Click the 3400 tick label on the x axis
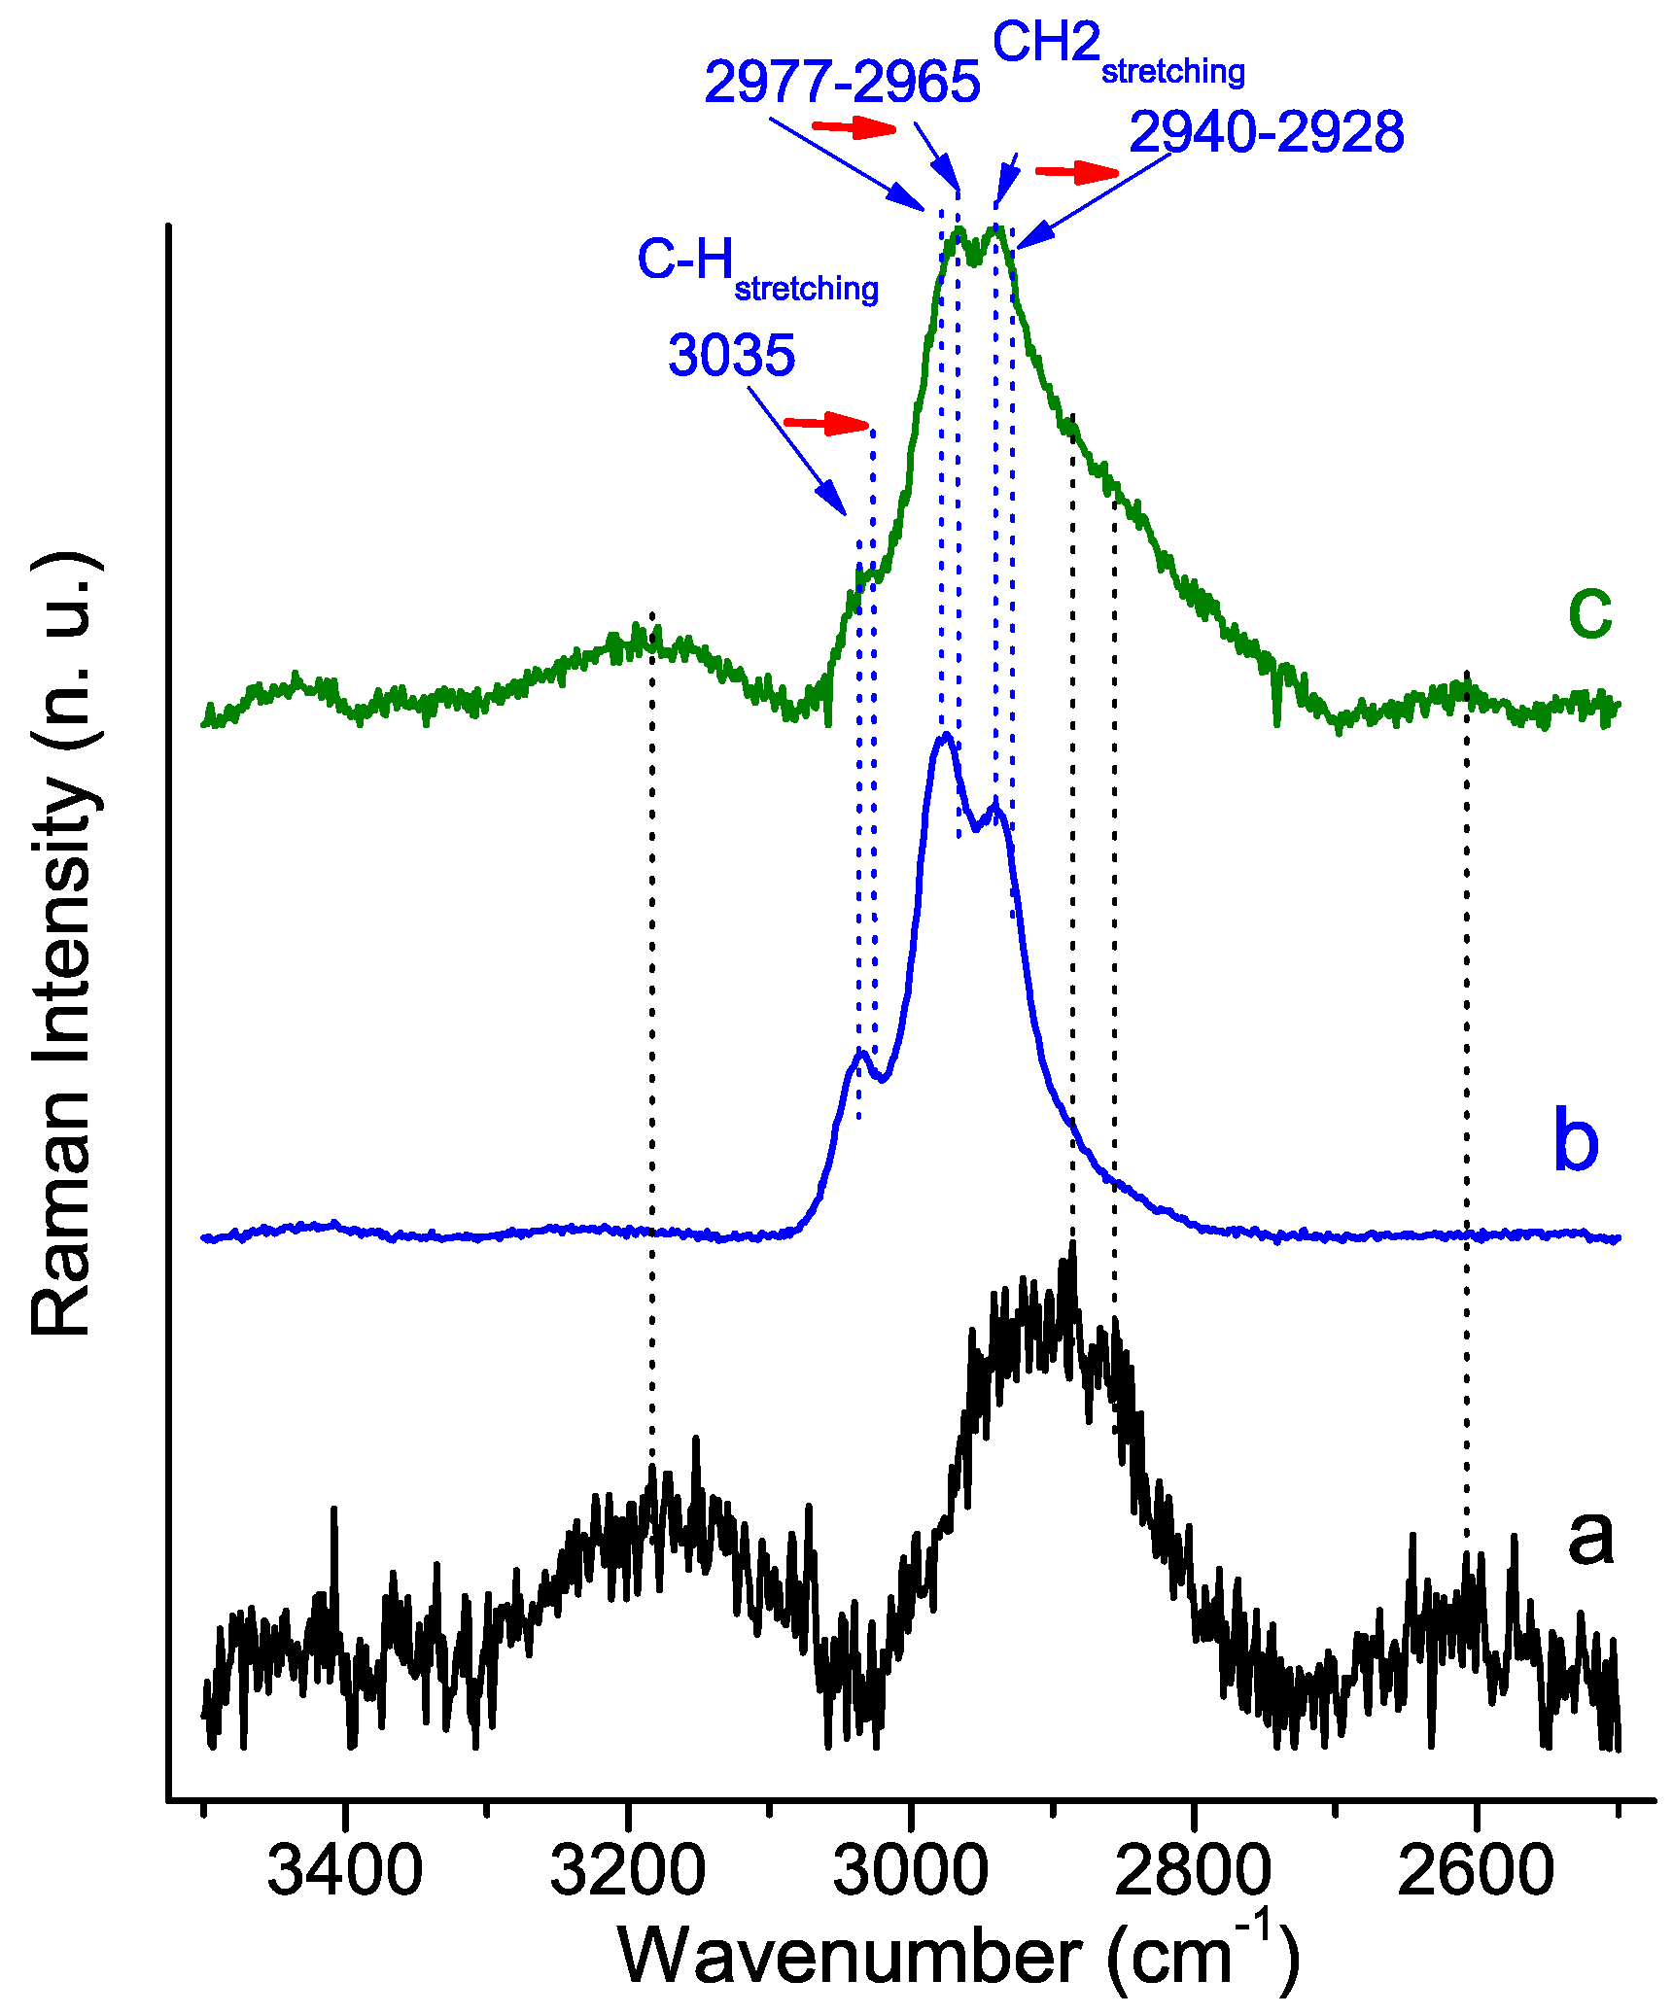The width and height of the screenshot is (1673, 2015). click(x=344, y=1870)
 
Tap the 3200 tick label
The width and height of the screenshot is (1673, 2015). click(x=627, y=1870)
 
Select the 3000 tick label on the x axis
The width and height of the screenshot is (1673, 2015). click(x=910, y=1870)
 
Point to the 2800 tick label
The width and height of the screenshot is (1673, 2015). click(x=1192, y=1870)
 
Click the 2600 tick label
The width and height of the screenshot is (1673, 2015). click(x=1475, y=1870)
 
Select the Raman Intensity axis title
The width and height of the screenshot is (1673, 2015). click(x=62, y=943)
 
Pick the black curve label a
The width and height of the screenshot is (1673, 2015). click(x=1589, y=1536)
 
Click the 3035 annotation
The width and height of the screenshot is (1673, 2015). click(x=731, y=355)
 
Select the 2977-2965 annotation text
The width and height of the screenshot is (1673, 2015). click(x=842, y=82)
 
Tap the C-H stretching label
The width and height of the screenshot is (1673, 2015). click(x=757, y=266)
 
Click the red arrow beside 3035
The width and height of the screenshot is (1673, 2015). click(x=826, y=423)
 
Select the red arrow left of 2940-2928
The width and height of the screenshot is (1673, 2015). click(x=1077, y=173)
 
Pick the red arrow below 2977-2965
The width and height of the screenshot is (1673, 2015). click(x=854, y=127)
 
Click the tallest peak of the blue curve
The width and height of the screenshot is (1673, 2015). click(x=944, y=736)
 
